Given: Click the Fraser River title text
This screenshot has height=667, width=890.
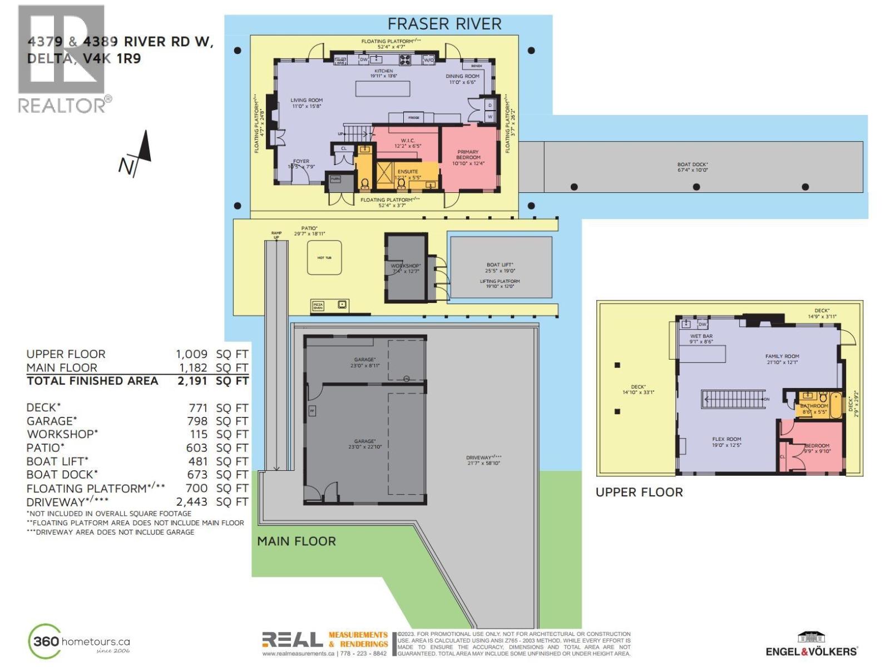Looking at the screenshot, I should pos(444,24).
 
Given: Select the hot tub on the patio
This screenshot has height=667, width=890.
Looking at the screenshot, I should pos(324,257).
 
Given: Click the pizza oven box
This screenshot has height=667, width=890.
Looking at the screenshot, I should pos(318,306).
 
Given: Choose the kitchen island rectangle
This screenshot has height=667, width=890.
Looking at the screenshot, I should pos(383,89).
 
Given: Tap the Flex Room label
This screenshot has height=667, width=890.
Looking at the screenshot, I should pos(726,442).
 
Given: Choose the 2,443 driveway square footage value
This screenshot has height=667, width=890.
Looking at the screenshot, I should pos(192,501).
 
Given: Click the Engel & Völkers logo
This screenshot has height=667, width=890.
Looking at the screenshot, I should pos(812,645).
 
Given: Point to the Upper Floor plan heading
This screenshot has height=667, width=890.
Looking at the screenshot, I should pos(639,492).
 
